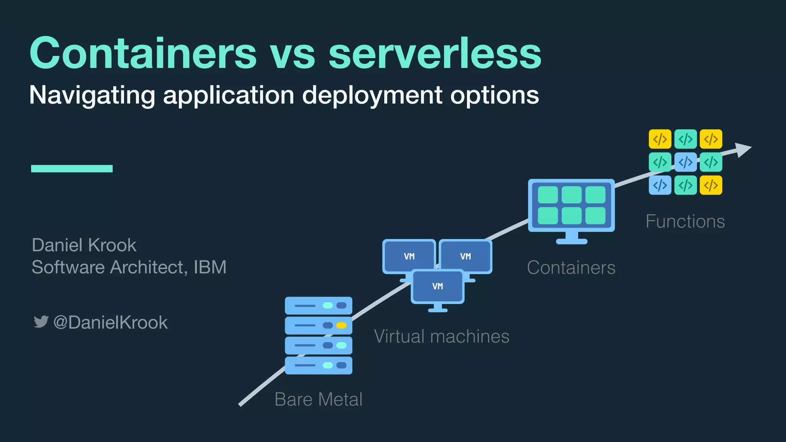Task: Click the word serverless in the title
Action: coord(435,54)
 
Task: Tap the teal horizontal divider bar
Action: coord(72,168)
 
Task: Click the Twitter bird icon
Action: coord(41,322)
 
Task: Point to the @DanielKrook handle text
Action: coord(111,322)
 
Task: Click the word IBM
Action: coord(210,267)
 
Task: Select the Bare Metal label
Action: coord(319,399)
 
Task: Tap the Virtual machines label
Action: coord(442,336)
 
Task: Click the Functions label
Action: coord(685,221)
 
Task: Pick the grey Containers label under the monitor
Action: coord(571,268)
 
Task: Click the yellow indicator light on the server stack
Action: coord(341,325)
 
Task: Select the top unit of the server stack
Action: coord(319,305)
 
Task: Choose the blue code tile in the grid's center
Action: coord(685,162)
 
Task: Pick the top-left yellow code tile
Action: coord(660,139)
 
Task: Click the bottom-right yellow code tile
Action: coord(711,185)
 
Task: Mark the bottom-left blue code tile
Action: coord(660,185)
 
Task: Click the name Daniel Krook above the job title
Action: coord(84,245)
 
